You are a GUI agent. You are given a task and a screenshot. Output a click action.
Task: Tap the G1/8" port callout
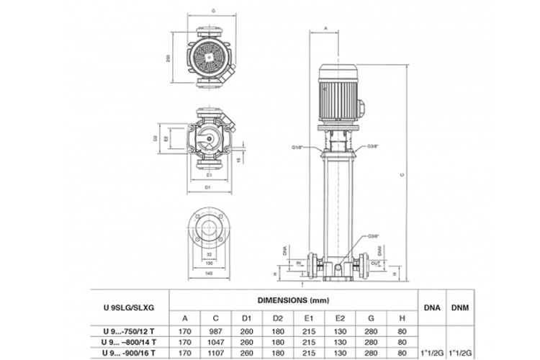pos(299,147)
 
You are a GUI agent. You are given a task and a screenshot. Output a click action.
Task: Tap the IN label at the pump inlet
pos(300,264)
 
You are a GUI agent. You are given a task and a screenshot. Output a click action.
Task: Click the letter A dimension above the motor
pos(325,27)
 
